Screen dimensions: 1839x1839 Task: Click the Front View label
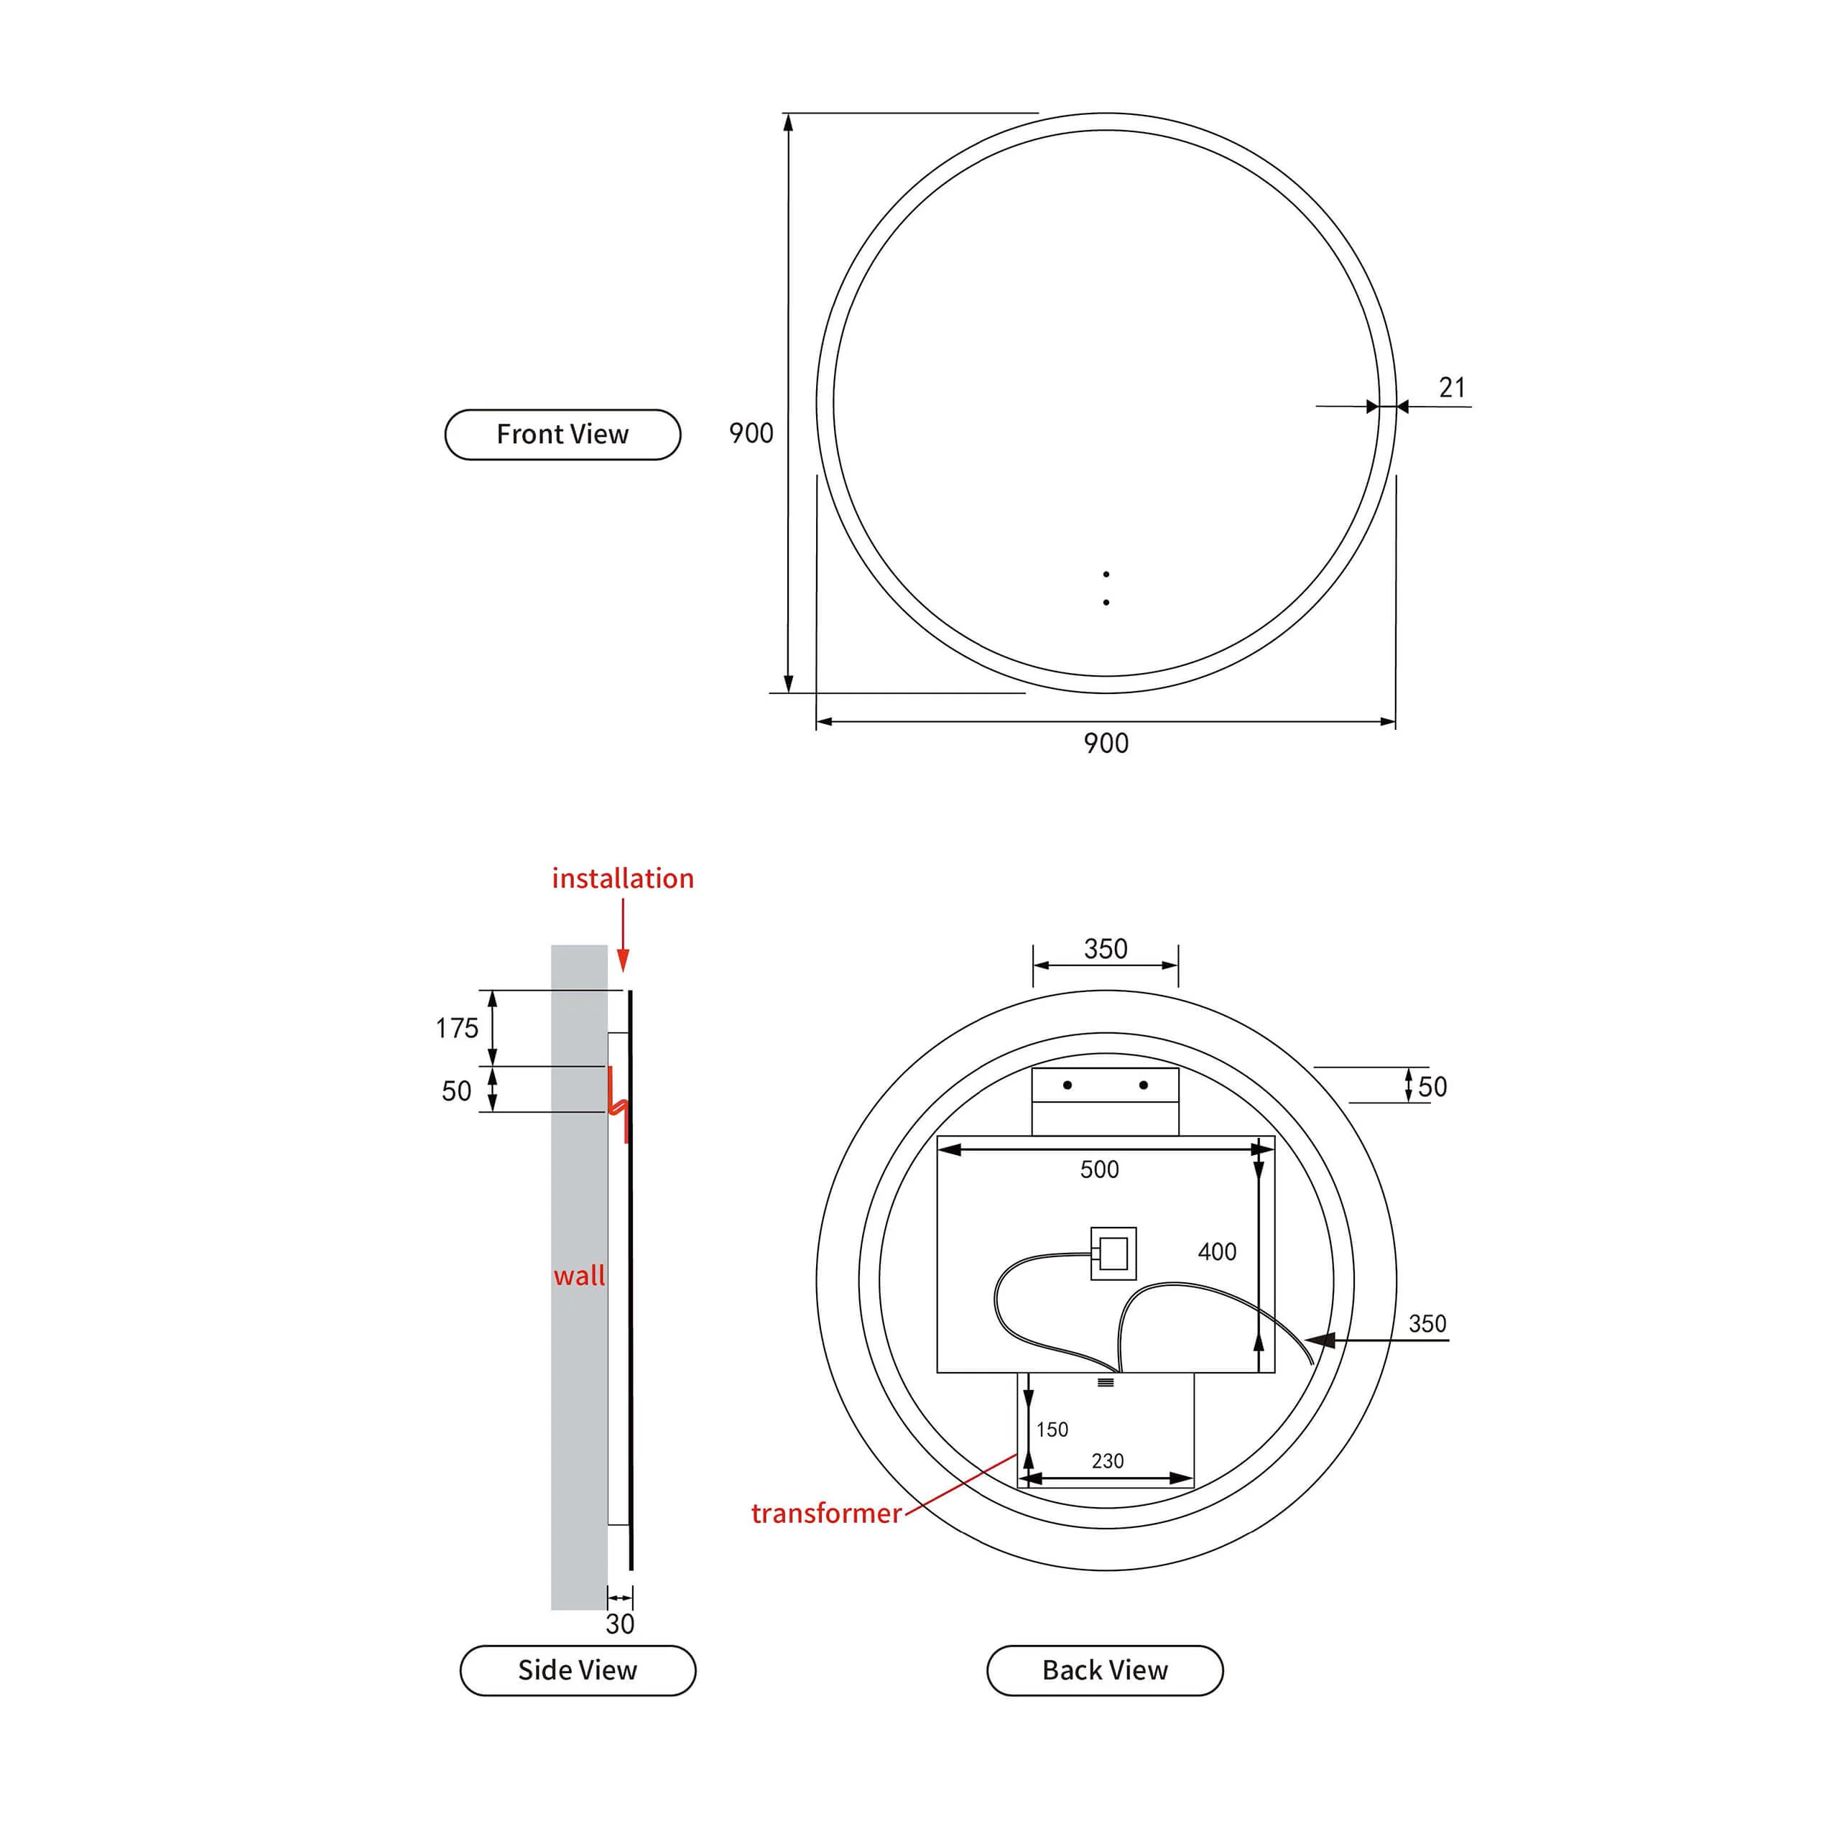[x=562, y=434]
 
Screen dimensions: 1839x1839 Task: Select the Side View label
[x=578, y=1669]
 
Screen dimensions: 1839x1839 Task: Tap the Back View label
[x=1105, y=1669]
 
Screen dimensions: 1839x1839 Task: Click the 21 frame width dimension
[x=1452, y=387]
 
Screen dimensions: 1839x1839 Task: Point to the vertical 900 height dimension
[x=751, y=433]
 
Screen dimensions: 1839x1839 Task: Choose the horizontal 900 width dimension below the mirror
[x=1106, y=744]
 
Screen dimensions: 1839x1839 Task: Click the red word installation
[x=623, y=878]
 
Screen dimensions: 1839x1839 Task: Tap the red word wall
[x=579, y=1276]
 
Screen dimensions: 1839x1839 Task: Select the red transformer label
[x=826, y=1514]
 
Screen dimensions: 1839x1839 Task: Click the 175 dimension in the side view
[x=457, y=1028]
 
